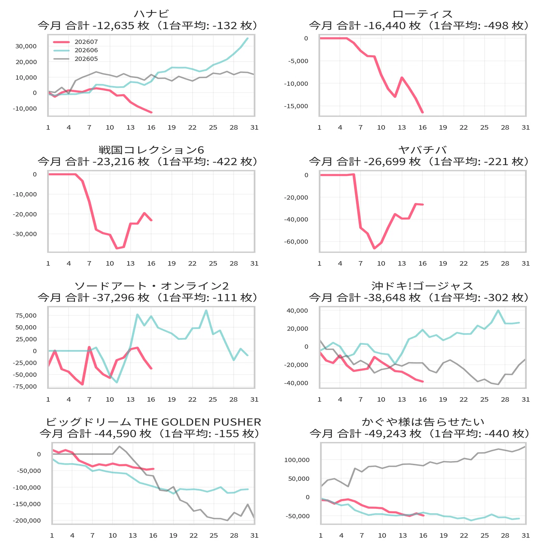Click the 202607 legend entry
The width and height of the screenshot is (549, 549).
(x=76, y=42)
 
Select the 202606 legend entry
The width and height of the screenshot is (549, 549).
(x=76, y=50)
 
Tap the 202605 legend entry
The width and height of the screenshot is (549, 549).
(x=76, y=59)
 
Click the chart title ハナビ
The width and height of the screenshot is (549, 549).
(x=151, y=14)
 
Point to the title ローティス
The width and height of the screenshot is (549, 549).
(x=422, y=14)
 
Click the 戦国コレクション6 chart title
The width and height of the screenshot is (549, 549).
(x=151, y=150)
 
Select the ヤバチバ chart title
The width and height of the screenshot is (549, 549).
(x=422, y=150)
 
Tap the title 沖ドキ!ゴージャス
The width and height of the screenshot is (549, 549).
(x=422, y=286)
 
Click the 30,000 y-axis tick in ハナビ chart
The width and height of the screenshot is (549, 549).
(x=26, y=46)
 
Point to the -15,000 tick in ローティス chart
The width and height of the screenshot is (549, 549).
(x=296, y=106)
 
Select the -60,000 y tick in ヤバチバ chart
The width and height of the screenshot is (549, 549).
(x=296, y=242)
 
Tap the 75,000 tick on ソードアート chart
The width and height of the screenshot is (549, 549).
(x=26, y=316)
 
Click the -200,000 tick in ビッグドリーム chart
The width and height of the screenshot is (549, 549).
(x=27, y=521)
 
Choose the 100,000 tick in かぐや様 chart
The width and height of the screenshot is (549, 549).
(x=297, y=460)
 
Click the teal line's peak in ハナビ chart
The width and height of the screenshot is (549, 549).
(x=247, y=38)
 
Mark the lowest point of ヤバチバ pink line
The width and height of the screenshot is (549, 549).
(x=374, y=248)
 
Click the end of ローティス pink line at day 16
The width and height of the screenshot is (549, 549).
(x=422, y=112)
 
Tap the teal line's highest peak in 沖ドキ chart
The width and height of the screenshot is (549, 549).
(x=498, y=311)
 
